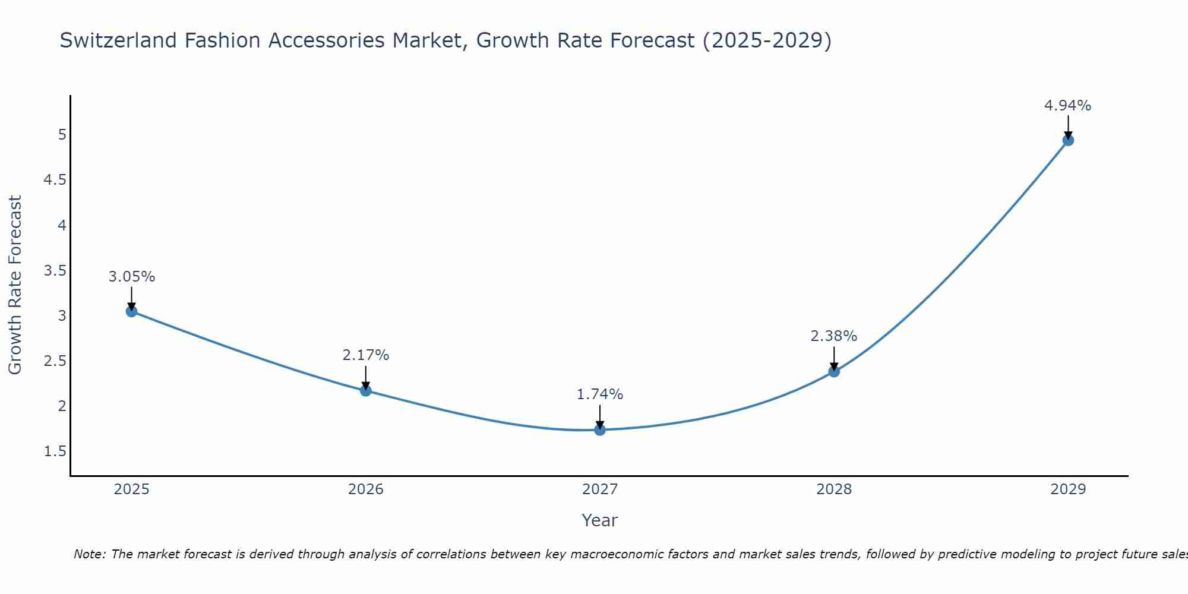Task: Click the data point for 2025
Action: (x=132, y=311)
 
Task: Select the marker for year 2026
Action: (x=366, y=390)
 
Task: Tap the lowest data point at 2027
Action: (x=600, y=429)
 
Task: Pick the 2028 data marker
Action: (x=834, y=371)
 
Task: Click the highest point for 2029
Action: (x=1068, y=140)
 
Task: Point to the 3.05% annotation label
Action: (x=132, y=277)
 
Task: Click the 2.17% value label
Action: (x=366, y=355)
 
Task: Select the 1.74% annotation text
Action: (x=600, y=394)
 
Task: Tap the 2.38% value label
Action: (x=834, y=336)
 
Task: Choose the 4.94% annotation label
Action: (x=1068, y=106)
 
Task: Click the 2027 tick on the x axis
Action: (x=600, y=489)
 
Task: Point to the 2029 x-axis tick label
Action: (x=1068, y=489)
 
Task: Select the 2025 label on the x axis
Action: (x=132, y=489)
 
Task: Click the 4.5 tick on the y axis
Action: (x=55, y=180)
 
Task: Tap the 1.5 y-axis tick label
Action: (x=55, y=452)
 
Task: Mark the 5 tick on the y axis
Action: (x=62, y=135)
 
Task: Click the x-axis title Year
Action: (x=600, y=520)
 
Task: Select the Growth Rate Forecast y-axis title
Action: (x=15, y=285)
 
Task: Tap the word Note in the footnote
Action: (x=89, y=554)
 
